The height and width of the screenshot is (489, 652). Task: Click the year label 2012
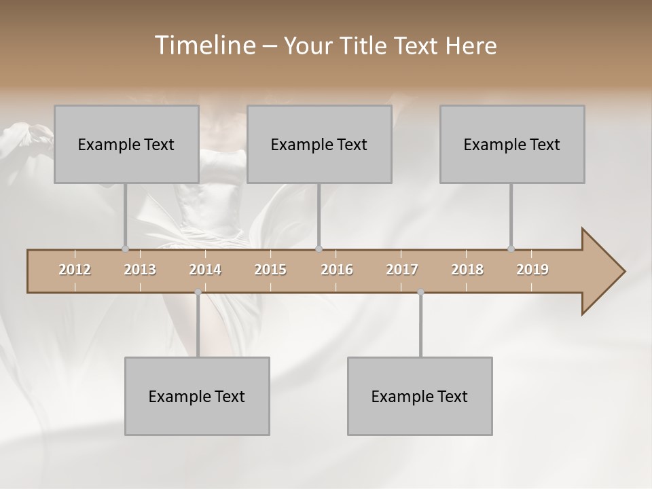[75, 270]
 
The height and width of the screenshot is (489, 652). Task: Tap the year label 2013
[140, 270]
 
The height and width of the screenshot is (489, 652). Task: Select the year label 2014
[205, 270]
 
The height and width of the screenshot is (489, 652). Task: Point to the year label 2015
[270, 270]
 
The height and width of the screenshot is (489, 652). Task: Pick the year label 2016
[337, 270]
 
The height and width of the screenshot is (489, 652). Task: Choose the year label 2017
[402, 270]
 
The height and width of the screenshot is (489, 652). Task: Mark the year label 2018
[467, 270]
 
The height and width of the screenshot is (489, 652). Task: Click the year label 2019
[532, 270]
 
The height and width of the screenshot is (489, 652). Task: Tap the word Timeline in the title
[203, 46]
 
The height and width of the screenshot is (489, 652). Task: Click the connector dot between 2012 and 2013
[125, 249]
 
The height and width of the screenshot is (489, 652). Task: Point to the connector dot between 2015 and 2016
[319, 249]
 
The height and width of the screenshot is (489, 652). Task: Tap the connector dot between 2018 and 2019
[511, 249]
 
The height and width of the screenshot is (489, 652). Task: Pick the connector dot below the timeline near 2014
[198, 292]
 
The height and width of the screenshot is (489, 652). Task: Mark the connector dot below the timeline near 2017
[420, 292]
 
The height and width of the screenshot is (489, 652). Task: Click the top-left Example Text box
[126, 144]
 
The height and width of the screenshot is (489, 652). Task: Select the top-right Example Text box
[512, 144]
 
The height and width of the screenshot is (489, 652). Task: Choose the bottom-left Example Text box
[197, 396]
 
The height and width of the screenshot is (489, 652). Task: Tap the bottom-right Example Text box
[420, 396]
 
